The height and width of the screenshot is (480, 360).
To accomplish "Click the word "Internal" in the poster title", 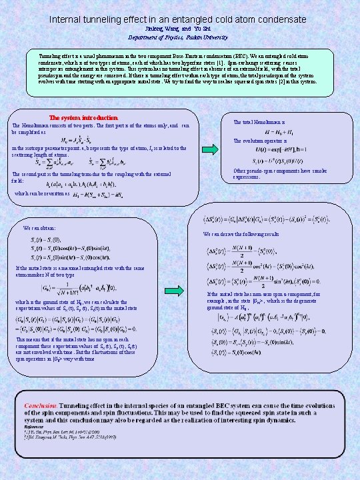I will pos(67,20).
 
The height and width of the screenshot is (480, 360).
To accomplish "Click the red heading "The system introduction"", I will pos(84,118).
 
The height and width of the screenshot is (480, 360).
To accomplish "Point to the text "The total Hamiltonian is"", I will pos(259,122).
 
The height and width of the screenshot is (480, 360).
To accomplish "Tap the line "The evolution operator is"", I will pos(260,141).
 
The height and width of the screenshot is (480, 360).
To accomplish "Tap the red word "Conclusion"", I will pos(41,405).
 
